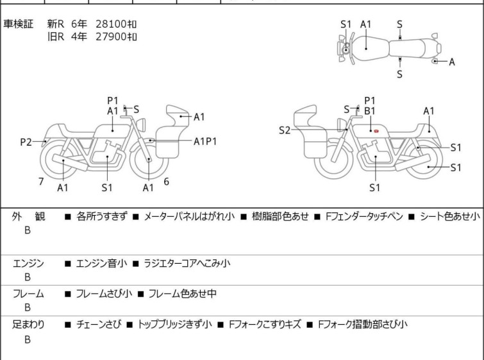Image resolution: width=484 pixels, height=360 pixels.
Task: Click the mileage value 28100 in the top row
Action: coord(111,24)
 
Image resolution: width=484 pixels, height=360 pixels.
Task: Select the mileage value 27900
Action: coord(111,37)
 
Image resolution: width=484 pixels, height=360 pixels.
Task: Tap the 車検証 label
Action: coord(18,24)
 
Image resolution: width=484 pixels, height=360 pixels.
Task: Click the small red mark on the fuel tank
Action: coord(376,132)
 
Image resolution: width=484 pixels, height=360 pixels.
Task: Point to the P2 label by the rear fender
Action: coord(26,142)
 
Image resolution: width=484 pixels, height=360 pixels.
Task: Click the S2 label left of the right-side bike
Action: coord(284,130)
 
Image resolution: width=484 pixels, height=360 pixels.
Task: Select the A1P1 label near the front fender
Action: coord(205,142)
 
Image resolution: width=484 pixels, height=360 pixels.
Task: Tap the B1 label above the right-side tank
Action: coord(369,110)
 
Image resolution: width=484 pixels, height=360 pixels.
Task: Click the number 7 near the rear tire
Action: coord(41,182)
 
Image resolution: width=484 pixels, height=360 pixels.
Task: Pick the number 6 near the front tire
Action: coord(167,182)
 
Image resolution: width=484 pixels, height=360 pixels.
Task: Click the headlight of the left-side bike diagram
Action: coord(141,124)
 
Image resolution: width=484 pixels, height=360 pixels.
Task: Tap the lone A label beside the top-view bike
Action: coord(451,62)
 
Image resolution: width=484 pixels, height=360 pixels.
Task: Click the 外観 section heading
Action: coord(28,216)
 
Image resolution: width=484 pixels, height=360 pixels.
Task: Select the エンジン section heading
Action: coord(28,263)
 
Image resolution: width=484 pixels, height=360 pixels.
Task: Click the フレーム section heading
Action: coord(28,293)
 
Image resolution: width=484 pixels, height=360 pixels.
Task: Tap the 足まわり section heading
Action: coord(28,325)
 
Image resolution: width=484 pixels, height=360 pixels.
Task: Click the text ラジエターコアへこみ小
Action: coord(187,263)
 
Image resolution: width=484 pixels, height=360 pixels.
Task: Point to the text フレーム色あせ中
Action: coord(182,293)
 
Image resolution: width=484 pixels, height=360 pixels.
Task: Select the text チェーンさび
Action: coord(99,325)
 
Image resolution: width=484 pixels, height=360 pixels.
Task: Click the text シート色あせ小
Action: coord(450,216)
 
